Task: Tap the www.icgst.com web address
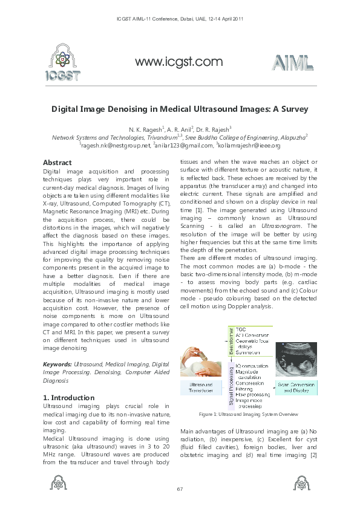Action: click(178, 62)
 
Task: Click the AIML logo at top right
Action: click(293, 63)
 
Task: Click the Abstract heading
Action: click(57, 163)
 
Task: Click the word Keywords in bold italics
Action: click(57, 365)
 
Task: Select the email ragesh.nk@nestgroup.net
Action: click(115, 146)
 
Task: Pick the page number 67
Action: click(180, 488)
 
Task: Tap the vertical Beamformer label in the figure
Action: click(230, 340)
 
